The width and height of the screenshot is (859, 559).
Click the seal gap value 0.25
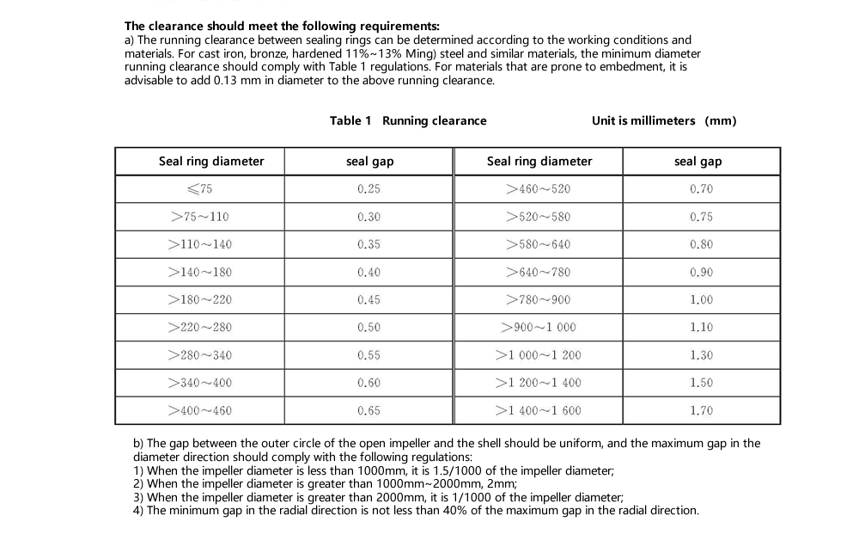[x=369, y=189]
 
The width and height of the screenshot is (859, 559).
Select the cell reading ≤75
[x=200, y=189]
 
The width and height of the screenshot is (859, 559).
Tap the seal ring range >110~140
[x=200, y=244]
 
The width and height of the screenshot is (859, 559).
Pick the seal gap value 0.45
[x=369, y=300]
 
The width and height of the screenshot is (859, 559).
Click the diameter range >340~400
[x=200, y=383]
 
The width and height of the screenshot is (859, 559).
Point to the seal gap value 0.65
[x=369, y=411]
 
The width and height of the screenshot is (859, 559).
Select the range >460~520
[x=539, y=189]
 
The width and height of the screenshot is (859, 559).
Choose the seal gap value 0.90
[x=701, y=273]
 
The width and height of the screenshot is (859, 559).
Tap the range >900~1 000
[x=539, y=328]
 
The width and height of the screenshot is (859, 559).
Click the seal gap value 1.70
[x=701, y=411]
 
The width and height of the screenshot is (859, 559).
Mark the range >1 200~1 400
[x=539, y=383]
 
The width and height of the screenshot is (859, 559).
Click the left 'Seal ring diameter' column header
[x=211, y=162]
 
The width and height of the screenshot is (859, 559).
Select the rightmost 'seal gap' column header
[x=698, y=162]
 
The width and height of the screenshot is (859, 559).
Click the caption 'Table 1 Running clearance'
[x=408, y=120]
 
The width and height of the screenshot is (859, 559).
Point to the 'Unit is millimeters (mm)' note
[x=664, y=120]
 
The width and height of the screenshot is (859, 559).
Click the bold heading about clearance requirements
[x=282, y=27]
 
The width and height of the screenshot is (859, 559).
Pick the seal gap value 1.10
[x=701, y=328]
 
